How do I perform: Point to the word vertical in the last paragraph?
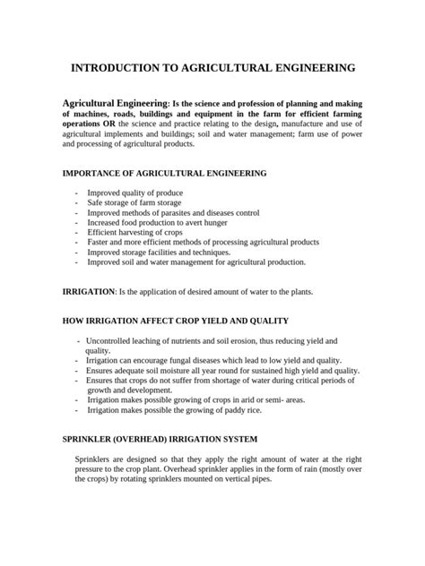pos(230,478)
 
